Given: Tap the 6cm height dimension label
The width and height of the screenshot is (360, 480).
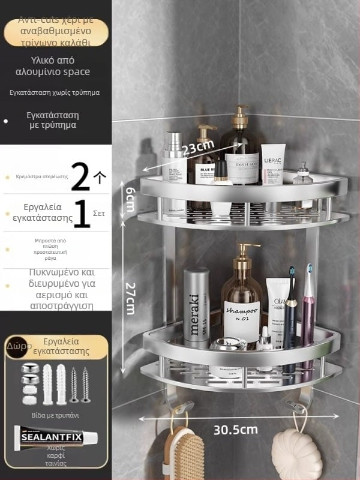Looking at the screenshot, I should tap(129, 198).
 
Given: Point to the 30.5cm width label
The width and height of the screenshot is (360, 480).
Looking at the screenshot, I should tap(236, 430).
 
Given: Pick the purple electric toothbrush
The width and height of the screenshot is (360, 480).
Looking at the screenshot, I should tap(308, 318).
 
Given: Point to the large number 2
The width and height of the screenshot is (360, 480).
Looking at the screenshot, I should tap(80, 177).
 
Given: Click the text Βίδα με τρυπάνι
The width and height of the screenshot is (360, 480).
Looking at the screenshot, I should tap(55, 415).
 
